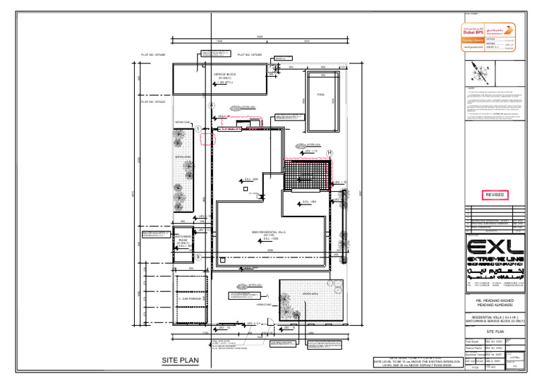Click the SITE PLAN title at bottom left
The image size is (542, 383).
(x=181, y=360)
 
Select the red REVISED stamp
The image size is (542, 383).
(x=494, y=195)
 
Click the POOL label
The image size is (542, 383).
(x=320, y=94)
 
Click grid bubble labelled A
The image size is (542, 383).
(x=211, y=105)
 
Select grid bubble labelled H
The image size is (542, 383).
(x=329, y=152)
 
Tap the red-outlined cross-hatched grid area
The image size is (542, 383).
(x=307, y=174)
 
